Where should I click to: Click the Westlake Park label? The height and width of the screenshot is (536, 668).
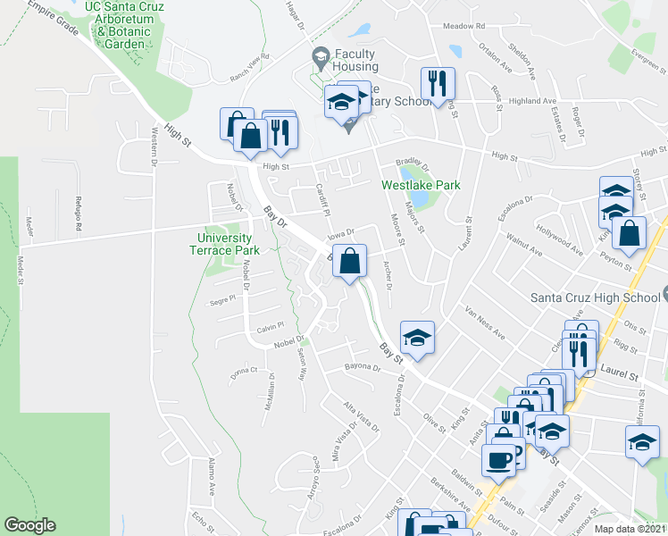421,185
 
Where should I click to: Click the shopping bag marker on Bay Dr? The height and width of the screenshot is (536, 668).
351,262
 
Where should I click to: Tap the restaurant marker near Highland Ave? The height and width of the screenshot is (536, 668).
438,84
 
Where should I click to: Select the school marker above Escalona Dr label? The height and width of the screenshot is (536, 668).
417,337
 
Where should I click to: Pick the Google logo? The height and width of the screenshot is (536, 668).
30,525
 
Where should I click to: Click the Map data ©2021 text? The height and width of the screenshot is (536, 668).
630,529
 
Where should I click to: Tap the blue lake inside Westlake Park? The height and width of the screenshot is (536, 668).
411,173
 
